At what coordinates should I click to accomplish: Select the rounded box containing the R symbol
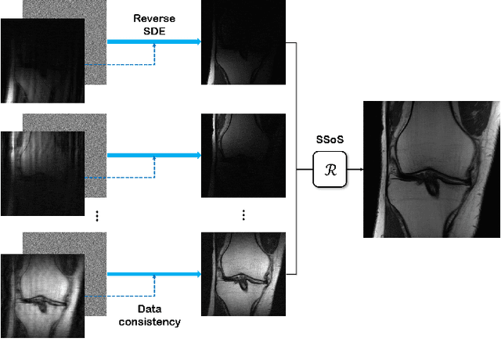pos(330,168)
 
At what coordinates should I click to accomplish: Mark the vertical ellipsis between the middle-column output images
pos(243,214)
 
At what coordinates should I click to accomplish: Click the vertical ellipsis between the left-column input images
pos(96,217)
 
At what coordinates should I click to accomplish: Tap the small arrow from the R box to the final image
pos(356,168)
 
